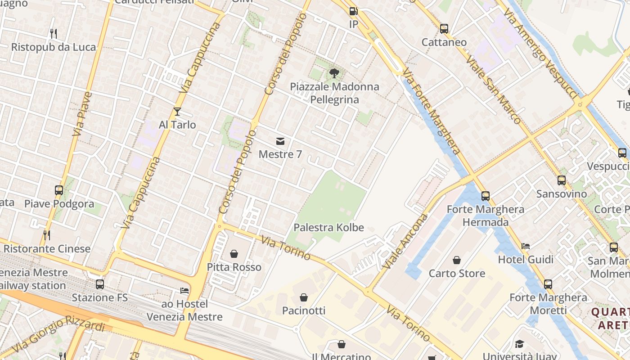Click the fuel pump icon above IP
coord(353,11)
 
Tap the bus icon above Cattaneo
coord(444,29)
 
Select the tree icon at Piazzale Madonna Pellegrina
coord(334,73)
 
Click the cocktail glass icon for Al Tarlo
coord(177,112)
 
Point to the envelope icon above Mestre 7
coord(280,141)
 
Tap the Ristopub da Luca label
coord(54,47)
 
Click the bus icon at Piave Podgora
coord(59,190)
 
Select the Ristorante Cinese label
coord(47,248)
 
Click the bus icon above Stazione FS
coord(100,284)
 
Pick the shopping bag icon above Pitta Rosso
coord(234,254)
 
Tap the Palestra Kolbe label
coord(328,227)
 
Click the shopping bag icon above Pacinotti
coord(304,297)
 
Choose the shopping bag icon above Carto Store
coord(457,260)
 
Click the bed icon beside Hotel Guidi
coord(526,246)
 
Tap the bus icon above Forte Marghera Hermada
coord(485,196)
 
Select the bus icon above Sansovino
coord(562,180)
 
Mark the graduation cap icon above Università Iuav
coord(519,344)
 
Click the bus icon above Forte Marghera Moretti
coord(548,284)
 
